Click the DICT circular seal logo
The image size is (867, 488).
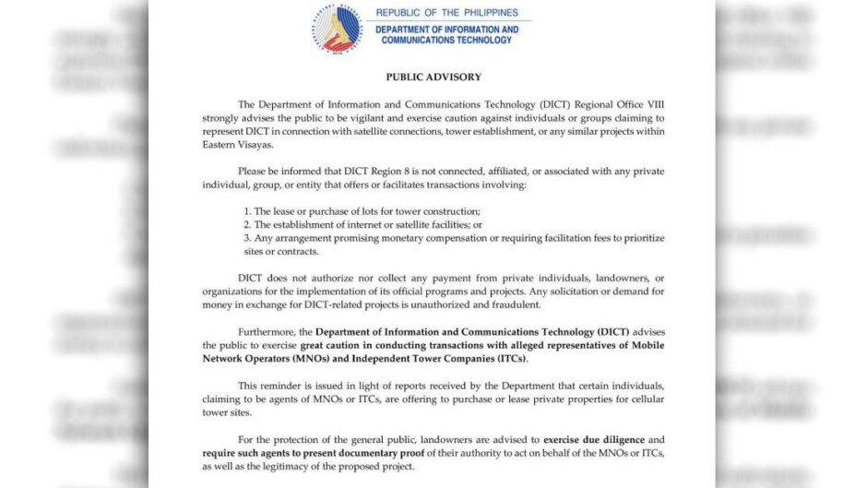tap(337, 28)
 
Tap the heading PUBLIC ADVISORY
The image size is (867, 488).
tap(433, 77)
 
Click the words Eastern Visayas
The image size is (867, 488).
tap(235, 145)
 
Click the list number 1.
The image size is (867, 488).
tap(247, 211)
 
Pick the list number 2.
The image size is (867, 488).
tap(247, 224)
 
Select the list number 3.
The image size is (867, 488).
tap(247, 238)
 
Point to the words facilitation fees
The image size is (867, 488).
tap(552, 238)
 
